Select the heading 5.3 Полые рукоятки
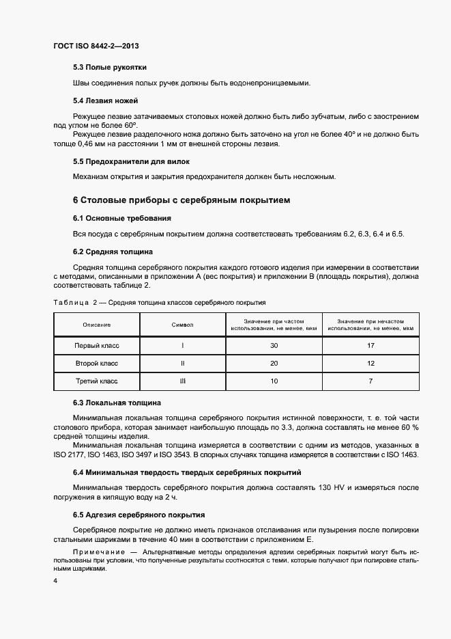coord(110,67)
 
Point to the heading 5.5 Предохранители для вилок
coord(131,161)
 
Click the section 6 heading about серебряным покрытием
coord(181,200)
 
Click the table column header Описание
coord(97,325)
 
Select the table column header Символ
coord(183,325)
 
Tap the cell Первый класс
coord(97,346)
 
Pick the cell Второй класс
coord(97,363)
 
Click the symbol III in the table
coord(183,380)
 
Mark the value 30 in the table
coord(274,346)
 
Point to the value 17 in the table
coord(371,346)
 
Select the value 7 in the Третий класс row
coord(371,380)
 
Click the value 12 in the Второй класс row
coord(371,363)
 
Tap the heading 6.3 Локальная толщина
coord(117,403)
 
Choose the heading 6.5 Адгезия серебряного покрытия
coord(139,514)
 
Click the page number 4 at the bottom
coord(55,581)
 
